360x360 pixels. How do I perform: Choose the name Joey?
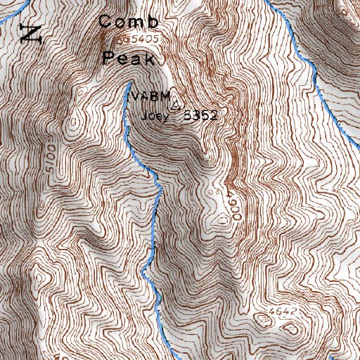click(x=155, y=117)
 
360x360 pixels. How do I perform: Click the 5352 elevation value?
click(x=199, y=117)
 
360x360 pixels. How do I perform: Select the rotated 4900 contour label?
click(x=233, y=205)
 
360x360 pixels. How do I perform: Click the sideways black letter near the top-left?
click(x=30, y=32)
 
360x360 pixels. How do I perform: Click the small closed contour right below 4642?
click(x=290, y=328)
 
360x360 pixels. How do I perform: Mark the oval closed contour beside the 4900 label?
click(x=223, y=219)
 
